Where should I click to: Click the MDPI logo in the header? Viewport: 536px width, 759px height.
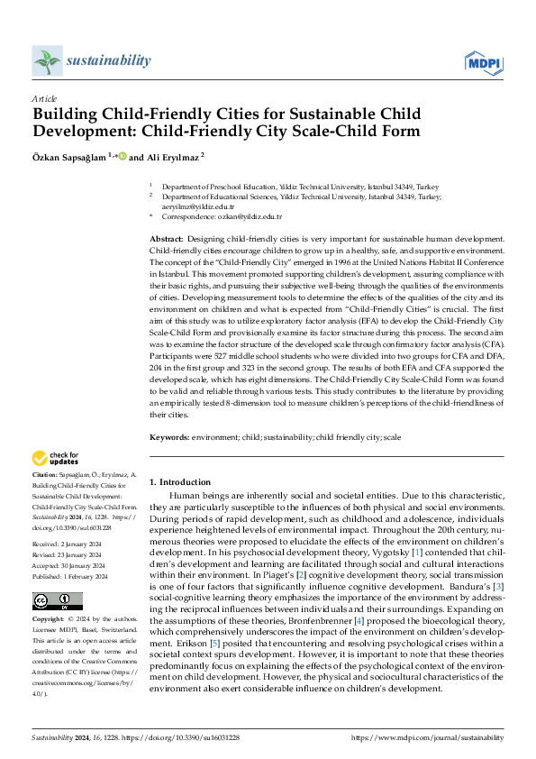point(484,61)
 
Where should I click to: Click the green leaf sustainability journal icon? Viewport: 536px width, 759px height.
point(47,61)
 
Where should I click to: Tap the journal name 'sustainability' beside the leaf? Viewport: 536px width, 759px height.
point(108,60)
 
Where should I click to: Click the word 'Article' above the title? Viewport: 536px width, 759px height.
point(44,98)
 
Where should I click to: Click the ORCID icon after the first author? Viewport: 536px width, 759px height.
point(122,155)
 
